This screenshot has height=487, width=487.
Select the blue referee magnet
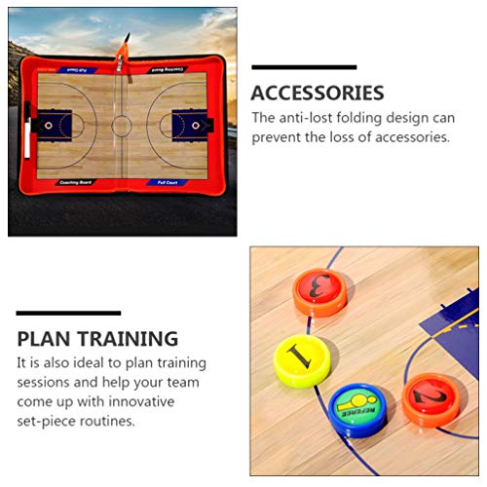[x=356, y=407]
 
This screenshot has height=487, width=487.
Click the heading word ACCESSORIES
[x=318, y=94]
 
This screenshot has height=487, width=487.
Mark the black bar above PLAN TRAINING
[x=68, y=314]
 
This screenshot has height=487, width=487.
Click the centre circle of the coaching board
[x=121, y=125]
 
